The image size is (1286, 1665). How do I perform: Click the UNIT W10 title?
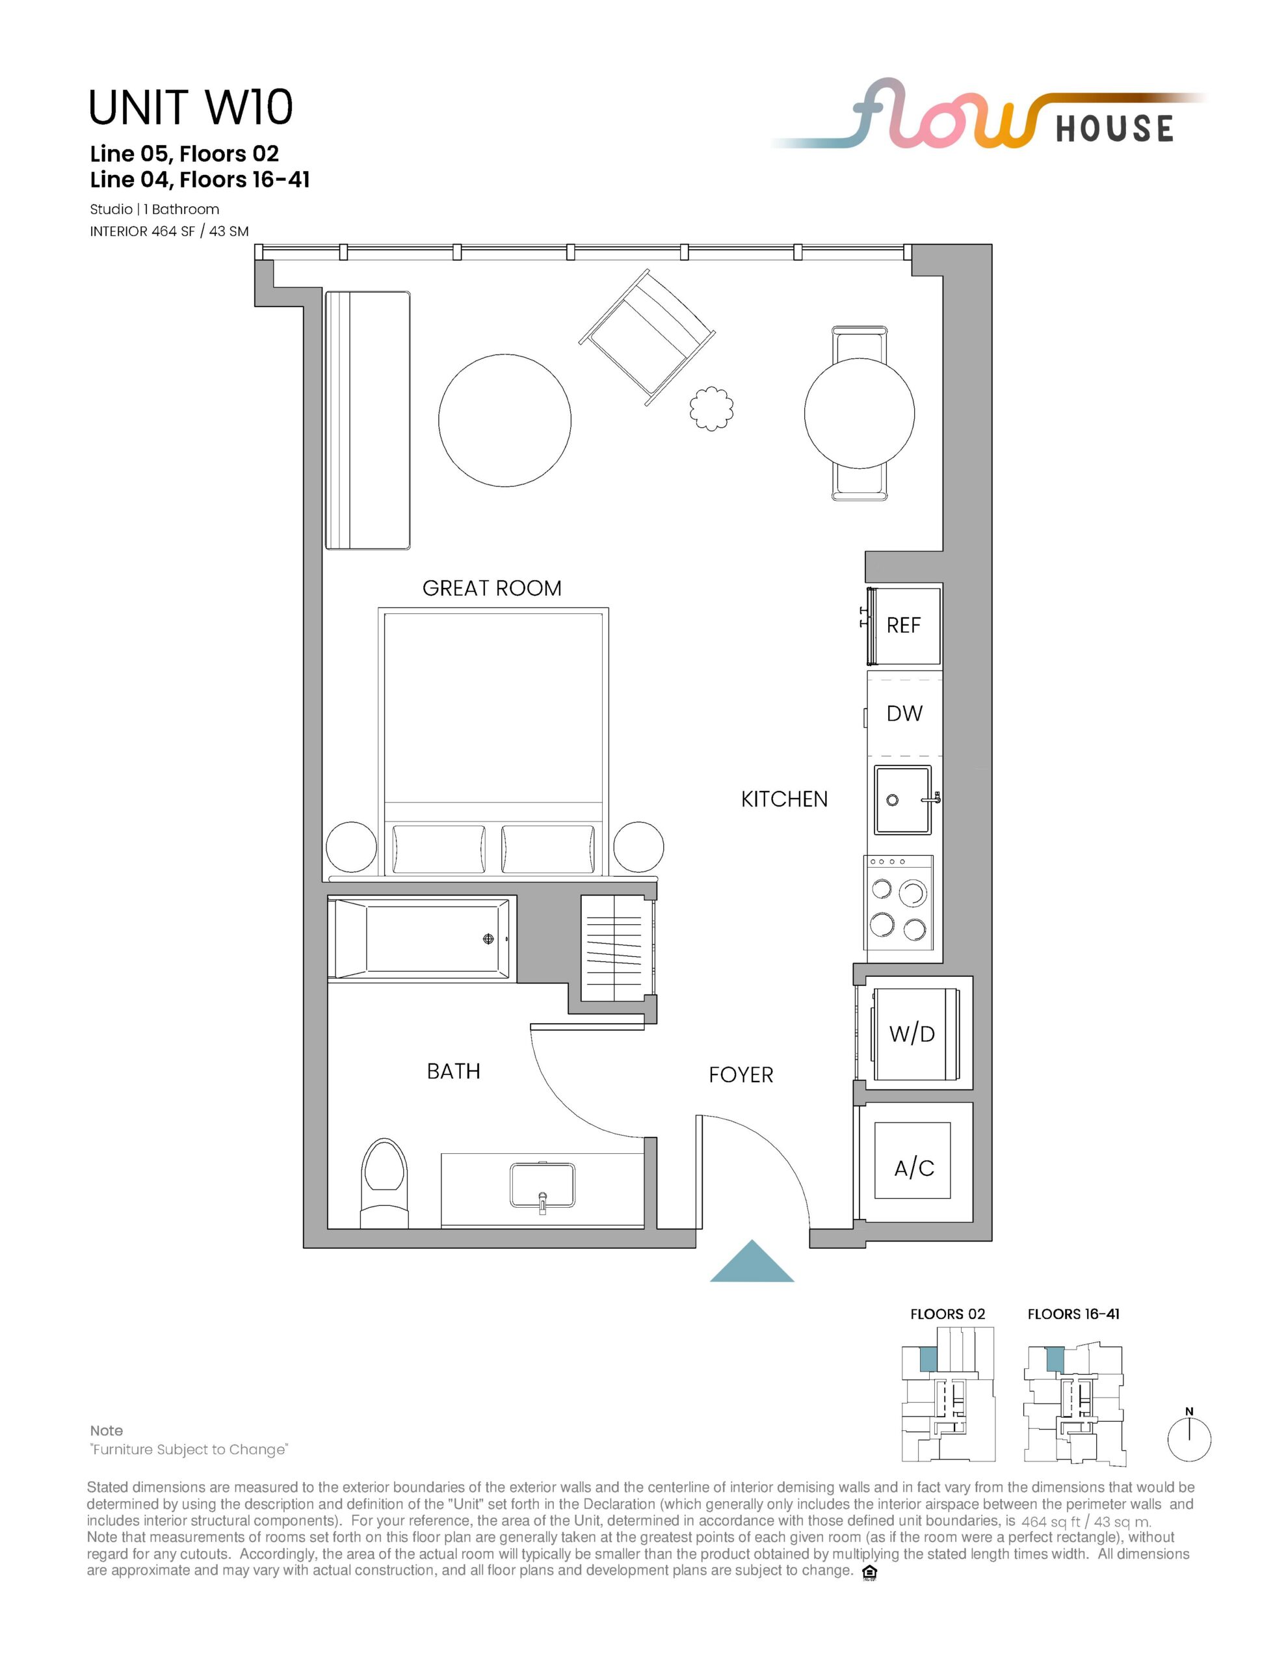[x=190, y=107]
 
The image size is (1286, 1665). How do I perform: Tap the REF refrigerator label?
[x=903, y=625]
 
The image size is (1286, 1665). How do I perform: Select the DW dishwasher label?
[x=904, y=713]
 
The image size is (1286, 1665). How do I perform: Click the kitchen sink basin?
[x=902, y=800]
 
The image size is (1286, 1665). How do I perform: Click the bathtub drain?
[x=489, y=939]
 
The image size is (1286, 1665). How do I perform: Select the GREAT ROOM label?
[x=492, y=589]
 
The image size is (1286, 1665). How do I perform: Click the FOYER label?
[x=741, y=1075]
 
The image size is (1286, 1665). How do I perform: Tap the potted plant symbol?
[x=712, y=409]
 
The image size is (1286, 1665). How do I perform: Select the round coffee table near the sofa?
[x=505, y=421]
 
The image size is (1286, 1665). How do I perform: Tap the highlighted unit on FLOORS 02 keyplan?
[x=928, y=1359]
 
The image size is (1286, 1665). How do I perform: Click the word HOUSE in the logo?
[x=1114, y=129]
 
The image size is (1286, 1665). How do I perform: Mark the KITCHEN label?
[x=784, y=799]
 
